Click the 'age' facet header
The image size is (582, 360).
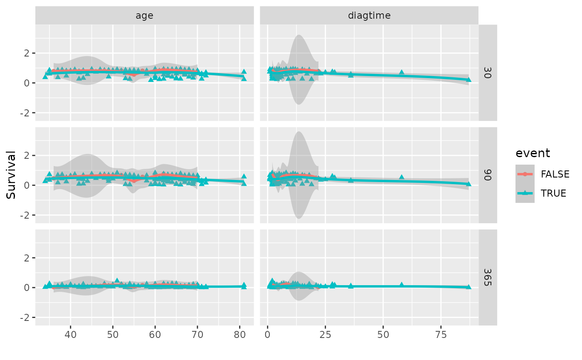coord(144,16)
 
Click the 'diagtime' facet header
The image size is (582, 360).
coord(369,16)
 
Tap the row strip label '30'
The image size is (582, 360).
coord(488,73)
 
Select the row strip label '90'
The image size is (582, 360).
coord(488,175)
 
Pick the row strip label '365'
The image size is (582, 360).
coord(488,277)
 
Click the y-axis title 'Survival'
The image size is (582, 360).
coord(11,175)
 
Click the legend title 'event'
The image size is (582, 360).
coord(533,153)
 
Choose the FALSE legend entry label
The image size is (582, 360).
coord(555,174)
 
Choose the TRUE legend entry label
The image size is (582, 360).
coord(553,193)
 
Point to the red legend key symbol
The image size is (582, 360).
coord(525,174)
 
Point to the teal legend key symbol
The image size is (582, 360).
coord(525,193)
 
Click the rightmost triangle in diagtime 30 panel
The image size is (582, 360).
coord(469,79)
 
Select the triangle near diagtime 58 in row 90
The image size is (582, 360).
coord(402,177)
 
